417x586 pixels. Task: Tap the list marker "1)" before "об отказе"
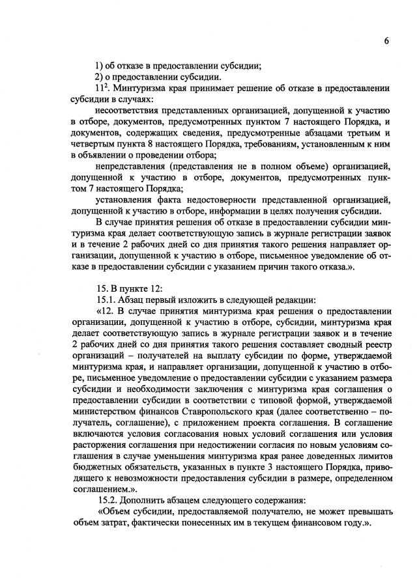100,64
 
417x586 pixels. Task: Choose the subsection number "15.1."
106,300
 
